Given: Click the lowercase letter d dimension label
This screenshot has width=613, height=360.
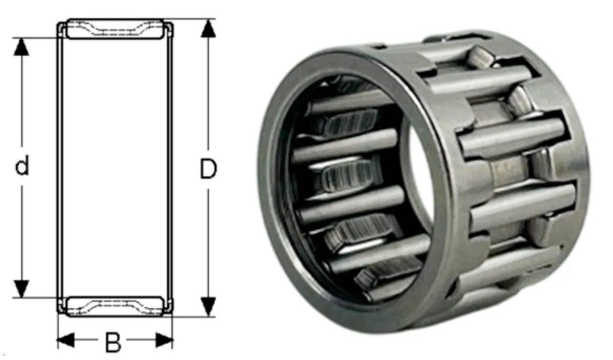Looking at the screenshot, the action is click(x=22, y=165).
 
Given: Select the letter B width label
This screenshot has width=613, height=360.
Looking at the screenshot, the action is click(x=113, y=342).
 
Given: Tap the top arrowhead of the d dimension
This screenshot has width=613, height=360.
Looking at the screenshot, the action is click(x=22, y=47).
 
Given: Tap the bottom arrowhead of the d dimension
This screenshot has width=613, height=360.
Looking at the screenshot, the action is click(x=22, y=289).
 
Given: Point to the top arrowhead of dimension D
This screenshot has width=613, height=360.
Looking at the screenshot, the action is click(x=208, y=28).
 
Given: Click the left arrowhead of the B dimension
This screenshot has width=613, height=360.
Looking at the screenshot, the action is click(x=66, y=340).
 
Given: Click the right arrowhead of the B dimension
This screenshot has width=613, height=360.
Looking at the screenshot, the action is click(x=164, y=340).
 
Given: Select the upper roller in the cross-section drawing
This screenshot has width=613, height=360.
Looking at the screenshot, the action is click(x=115, y=29).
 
